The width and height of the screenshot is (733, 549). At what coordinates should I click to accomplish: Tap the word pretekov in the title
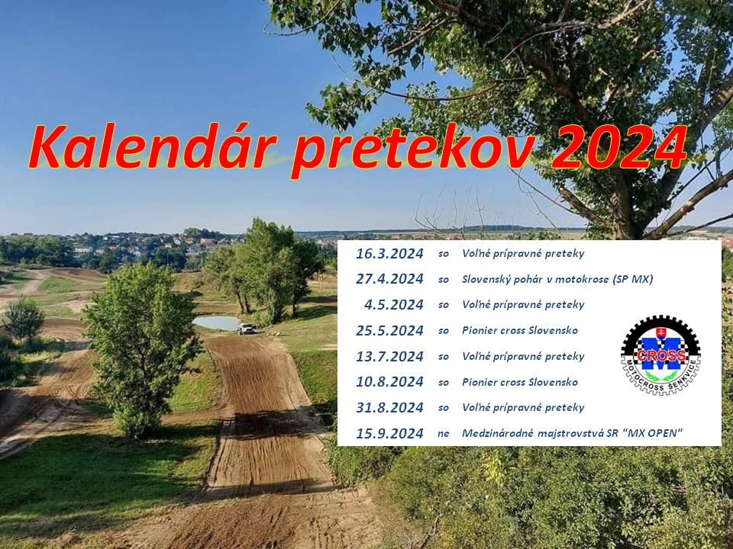tap(412, 150)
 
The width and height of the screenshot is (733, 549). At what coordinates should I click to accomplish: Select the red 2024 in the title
tap(619, 146)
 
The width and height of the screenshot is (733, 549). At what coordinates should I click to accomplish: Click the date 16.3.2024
tap(389, 254)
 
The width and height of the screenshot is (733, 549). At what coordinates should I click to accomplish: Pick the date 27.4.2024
tap(389, 279)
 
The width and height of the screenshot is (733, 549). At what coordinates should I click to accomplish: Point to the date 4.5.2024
tap(394, 305)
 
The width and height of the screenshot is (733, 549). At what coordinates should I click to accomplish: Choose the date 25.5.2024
tap(389, 330)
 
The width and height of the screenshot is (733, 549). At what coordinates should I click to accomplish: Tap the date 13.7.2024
tap(389, 357)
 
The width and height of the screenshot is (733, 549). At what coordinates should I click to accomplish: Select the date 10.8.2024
tap(389, 382)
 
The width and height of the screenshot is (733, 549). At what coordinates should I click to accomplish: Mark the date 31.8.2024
tap(389, 407)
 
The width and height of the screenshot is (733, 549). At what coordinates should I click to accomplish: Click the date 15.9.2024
tap(389, 433)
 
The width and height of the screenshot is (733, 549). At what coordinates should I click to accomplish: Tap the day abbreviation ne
tap(443, 434)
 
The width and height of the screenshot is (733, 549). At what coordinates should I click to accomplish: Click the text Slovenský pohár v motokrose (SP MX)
tap(557, 279)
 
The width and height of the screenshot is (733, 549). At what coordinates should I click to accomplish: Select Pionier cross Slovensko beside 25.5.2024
tap(520, 330)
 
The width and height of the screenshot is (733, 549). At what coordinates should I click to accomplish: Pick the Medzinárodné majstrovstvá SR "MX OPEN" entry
tap(572, 433)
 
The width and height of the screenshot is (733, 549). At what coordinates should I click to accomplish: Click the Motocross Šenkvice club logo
tap(660, 355)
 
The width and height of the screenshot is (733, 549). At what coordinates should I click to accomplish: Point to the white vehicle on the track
tap(247, 329)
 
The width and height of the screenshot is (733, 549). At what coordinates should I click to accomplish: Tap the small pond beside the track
tap(217, 323)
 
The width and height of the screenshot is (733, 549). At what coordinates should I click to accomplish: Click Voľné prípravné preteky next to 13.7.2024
tap(523, 357)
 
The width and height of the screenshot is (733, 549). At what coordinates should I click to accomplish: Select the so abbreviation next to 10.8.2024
tap(443, 382)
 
